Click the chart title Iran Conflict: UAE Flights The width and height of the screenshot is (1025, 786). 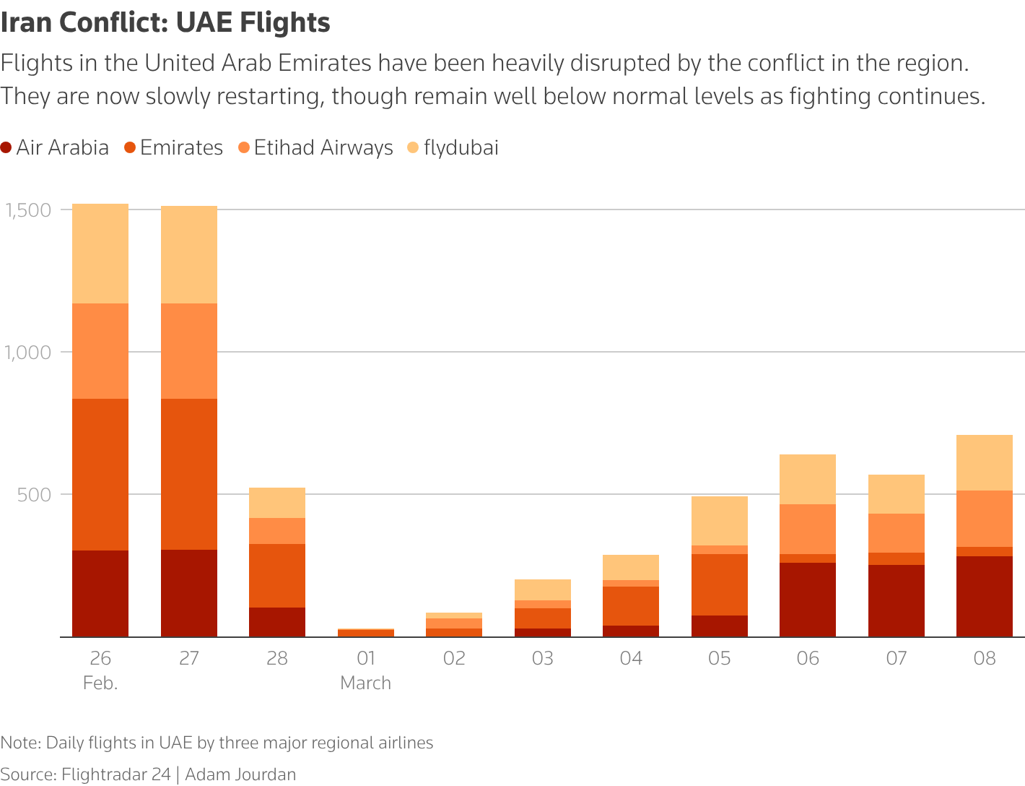click(x=165, y=23)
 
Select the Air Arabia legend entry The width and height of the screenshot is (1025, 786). click(x=55, y=148)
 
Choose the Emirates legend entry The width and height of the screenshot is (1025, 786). click(x=173, y=148)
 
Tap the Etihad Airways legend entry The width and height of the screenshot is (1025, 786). click(x=315, y=148)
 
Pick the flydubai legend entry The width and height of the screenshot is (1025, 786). click(x=453, y=148)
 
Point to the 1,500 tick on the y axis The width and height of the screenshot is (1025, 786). click(x=28, y=210)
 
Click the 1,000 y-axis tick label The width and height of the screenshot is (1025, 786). click(x=28, y=353)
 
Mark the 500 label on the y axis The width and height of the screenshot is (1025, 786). click(x=36, y=495)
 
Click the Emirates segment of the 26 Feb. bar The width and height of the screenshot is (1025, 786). click(x=100, y=474)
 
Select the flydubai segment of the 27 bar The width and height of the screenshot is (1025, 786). click(x=189, y=254)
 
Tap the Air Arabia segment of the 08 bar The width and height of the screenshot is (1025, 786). click(x=985, y=596)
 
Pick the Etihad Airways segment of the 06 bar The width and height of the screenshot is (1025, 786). click(x=808, y=529)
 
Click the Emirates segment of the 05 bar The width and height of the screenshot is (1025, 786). click(x=720, y=584)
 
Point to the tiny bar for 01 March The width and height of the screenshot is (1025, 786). click(x=366, y=633)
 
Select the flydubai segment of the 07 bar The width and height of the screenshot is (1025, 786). click(x=897, y=494)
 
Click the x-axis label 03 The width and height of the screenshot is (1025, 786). click(x=543, y=658)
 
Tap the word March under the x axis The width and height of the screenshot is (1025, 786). click(x=366, y=683)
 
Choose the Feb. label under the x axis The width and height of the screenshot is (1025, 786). click(x=100, y=683)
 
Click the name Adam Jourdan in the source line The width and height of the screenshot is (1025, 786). click(x=240, y=774)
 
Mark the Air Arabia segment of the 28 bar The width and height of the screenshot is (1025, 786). click(x=277, y=622)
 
